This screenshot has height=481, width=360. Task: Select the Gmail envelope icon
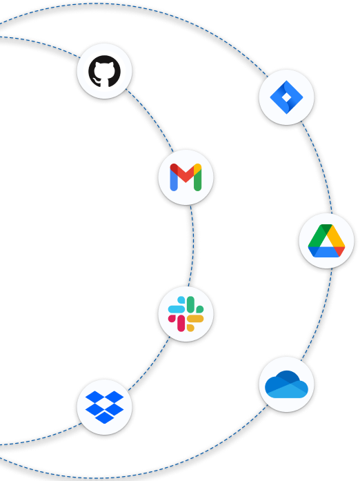[x=185, y=176]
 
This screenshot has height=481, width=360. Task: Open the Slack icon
[x=185, y=313]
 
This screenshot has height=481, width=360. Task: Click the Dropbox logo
[x=104, y=405]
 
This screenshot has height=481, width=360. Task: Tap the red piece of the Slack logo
[x=179, y=322]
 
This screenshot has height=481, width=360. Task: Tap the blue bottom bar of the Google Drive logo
[x=327, y=253]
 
